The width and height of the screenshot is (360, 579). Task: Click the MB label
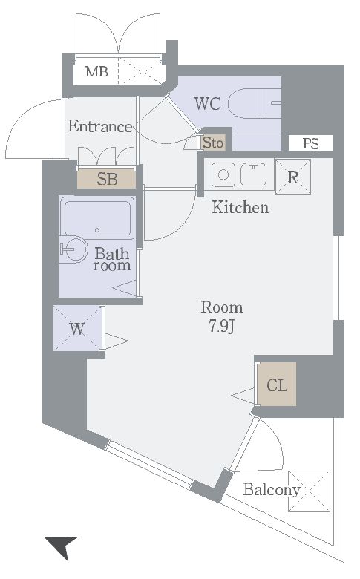coord(96,71)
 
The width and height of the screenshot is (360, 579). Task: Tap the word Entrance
coord(100,126)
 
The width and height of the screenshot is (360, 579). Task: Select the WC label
coord(208,104)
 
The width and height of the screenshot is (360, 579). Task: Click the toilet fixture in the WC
coord(255,104)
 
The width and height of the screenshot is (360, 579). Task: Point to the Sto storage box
coord(213,142)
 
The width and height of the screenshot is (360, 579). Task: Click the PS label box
coord(310,143)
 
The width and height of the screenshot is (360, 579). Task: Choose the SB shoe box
coord(106,179)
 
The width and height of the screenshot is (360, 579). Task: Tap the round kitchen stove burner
coord(223,174)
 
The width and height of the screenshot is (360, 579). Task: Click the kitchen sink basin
coord(254,174)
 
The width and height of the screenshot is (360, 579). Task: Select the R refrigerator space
coord(293,177)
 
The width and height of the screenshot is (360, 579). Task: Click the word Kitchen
coord(240,208)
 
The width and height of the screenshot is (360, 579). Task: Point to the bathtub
coord(97,217)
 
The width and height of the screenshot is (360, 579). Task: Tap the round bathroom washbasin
coord(74,249)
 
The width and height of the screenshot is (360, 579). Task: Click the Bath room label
coord(112,260)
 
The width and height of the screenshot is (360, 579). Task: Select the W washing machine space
coord(77,328)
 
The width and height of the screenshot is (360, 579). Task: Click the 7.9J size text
coord(221,326)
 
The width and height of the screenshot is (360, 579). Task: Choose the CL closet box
coord(277,385)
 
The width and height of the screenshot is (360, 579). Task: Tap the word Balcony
coord(272,490)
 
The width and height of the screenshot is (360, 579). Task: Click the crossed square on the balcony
coord(309,491)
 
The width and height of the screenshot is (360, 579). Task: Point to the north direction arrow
coord(62,546)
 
